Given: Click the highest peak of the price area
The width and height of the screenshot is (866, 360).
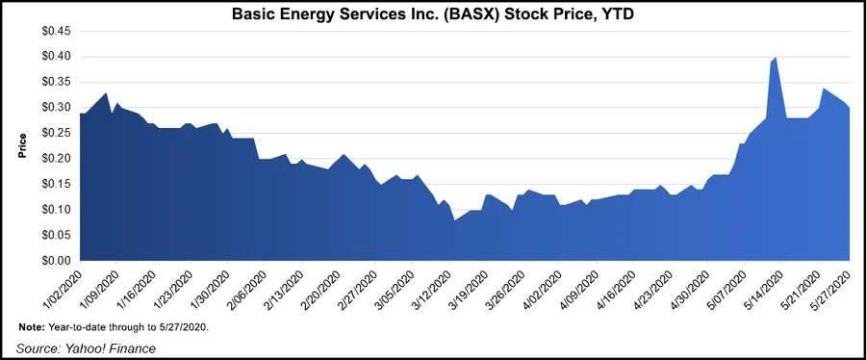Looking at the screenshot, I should (x=776, y=59).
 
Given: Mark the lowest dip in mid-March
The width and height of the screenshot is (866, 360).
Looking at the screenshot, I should (x=454, y=220).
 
